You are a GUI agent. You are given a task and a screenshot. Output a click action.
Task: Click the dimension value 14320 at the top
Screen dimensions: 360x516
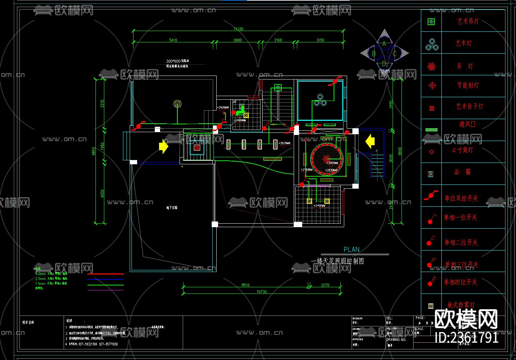238,29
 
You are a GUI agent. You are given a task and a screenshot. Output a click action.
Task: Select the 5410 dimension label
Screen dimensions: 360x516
173,40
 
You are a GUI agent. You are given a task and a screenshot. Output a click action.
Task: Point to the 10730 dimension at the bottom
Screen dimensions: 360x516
262,292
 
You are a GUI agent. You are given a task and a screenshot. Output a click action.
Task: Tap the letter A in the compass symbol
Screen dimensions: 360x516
384,44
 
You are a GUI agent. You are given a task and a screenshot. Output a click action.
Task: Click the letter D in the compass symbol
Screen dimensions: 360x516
384,64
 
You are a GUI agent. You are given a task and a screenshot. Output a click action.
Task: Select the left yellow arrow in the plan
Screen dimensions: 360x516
163,146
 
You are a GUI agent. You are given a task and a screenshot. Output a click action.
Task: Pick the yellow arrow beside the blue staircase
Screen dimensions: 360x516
370,141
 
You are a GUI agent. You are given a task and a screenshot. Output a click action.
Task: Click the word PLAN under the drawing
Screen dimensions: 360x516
351,249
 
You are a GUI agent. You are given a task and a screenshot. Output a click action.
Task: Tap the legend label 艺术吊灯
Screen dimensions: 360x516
468,21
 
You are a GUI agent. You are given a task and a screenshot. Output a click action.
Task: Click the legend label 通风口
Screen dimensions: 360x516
467,124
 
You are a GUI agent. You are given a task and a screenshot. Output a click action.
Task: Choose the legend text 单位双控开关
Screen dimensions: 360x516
461,199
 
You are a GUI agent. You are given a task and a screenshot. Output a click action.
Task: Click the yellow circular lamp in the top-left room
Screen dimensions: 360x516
177,104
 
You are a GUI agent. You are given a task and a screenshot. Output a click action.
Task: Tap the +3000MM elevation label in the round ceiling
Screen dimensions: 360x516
332,163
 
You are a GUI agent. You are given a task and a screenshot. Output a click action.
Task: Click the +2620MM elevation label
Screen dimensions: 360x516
285,143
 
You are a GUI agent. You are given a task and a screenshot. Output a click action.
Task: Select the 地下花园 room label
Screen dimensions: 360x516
172,208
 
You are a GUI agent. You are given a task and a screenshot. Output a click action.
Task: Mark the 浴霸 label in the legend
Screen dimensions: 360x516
463,172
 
